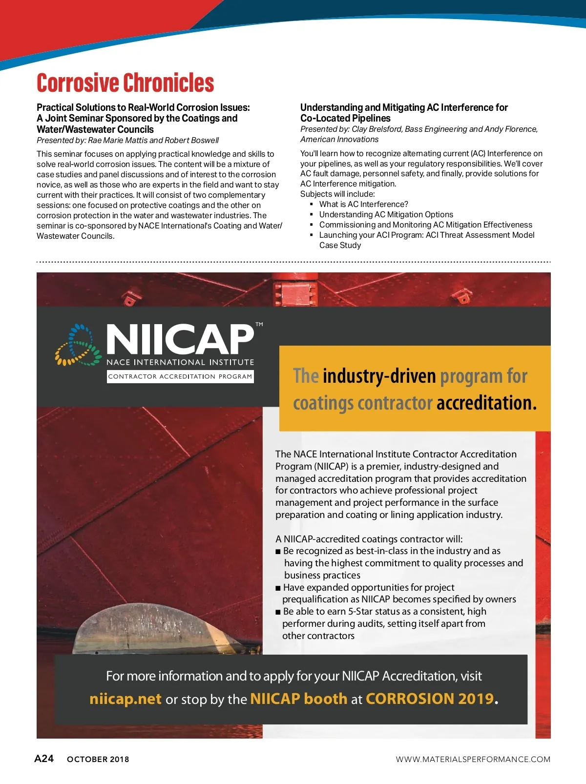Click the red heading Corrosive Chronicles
126,83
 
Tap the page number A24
44,759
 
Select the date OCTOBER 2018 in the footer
98,759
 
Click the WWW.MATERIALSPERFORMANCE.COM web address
473,759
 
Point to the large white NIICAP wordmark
180,340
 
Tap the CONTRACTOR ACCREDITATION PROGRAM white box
180,376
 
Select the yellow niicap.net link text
126,699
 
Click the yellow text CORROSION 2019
430,699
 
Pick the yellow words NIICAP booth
298,699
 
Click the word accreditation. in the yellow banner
486,403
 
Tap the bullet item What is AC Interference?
363,204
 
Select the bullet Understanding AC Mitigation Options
386,214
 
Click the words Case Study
340,245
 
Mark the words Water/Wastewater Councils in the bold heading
95,129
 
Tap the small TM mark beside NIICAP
259,324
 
